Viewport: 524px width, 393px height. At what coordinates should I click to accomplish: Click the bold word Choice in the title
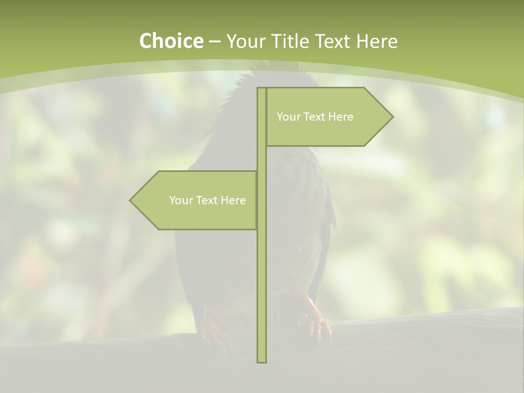pyautogui.click(x=171, y=41)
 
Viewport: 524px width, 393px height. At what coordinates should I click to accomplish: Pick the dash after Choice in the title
pyautogui.click(x=215, y=41)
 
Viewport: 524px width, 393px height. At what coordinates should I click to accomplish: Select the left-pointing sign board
pyautogui.click(x=196, y=200)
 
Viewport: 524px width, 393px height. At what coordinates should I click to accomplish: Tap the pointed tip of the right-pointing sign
pyautogui.click(x=391, y=117)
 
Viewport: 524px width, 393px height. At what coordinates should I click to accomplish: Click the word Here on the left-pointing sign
pyautogui.click(x=234, y=200)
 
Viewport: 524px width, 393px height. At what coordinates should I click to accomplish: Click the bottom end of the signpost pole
pyautogui.click(x=261, y=360)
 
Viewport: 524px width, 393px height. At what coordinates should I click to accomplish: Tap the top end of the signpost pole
pyautogui.click(x=261, y=90)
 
